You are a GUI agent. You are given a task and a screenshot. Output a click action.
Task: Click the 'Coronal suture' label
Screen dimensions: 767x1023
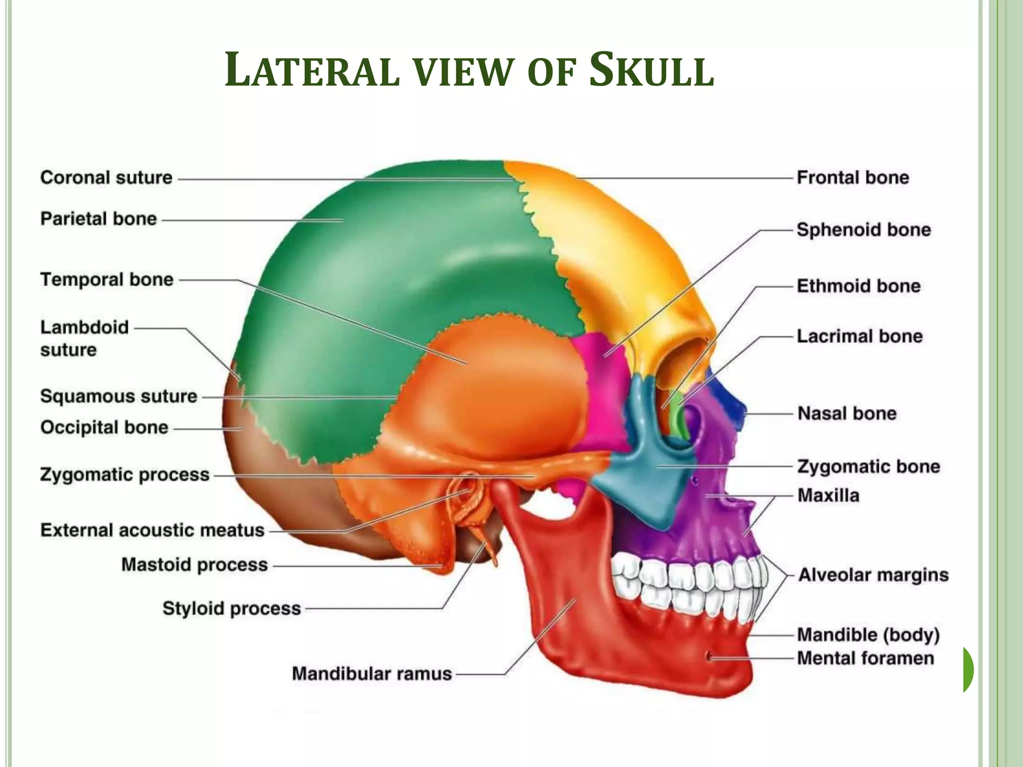pyautogui.click(x=106, y=178)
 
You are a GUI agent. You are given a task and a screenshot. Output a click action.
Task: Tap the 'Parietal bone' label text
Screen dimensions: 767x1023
pyautogui.click(x=98, y=219)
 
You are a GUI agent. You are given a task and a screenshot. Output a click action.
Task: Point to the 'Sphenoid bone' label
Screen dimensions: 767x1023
pyautogui.click(x=864, y=230)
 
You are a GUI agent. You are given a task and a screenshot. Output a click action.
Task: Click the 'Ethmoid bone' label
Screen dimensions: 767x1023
pyautogui.click(x=858, y=286)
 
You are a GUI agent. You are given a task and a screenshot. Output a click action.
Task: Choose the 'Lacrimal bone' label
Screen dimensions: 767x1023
pyautogui.click(x=859, y=336)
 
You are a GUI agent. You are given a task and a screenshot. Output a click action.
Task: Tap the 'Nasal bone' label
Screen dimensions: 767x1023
pyautogui.click(x=847, y=413)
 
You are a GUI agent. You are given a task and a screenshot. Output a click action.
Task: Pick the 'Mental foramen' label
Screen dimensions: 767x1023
pyautogui.click(x=865, y=658)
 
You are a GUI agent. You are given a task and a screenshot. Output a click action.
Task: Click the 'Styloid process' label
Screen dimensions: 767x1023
pyautogui.click(x=232, y=608)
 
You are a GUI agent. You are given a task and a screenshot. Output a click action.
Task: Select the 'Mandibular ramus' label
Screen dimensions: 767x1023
pyautogui.click(x=372, y=674)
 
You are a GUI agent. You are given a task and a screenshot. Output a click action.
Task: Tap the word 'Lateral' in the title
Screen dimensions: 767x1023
pyautogui.click(x=312, y=71)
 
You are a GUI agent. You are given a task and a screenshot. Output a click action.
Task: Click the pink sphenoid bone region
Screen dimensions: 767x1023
pyautogui.click(x=602, y=380)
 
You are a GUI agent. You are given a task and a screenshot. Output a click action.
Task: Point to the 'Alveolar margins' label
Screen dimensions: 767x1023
pyautogui.click(x=873, y=575)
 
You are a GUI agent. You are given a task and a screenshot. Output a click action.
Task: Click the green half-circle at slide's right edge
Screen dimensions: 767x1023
pyautogui.click(x=968, y=670)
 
